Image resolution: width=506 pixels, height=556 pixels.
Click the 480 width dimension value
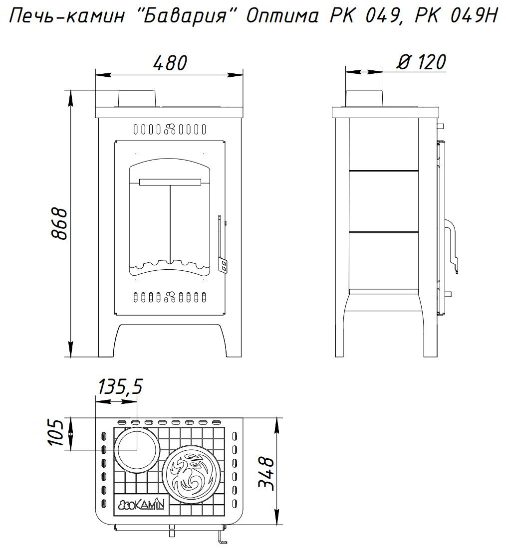(x=170, y=63)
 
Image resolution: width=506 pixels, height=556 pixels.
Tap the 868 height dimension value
(x=59, y=223)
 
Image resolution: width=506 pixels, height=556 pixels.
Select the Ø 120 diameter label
(x=421, y=62)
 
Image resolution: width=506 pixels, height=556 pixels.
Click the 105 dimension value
(x=55, y=433)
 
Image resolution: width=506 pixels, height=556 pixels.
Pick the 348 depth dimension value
(x=266, y=474)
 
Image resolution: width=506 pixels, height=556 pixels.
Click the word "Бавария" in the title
(x=185, y=17)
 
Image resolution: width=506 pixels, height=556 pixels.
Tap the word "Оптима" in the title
(x=282, y=17)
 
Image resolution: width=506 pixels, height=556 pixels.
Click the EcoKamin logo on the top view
(x=141, y=504)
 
